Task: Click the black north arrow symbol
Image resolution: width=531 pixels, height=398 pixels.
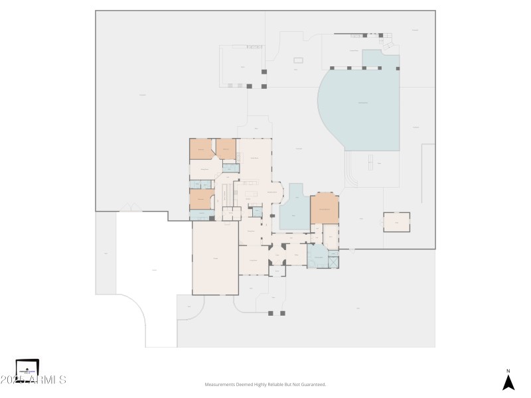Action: tap(508, 383)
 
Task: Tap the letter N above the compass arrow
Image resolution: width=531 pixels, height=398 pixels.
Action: tap(508, 371)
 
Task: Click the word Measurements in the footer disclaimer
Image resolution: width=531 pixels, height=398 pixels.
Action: tap(221, 384)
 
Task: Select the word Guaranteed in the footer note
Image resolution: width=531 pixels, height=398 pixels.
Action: tap(311, 384)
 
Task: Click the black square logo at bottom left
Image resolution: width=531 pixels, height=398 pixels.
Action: tap(27, 369)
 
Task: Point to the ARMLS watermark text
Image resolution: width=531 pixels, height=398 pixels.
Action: tap(40, 380)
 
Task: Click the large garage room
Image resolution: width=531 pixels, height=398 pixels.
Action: tap(215, 257)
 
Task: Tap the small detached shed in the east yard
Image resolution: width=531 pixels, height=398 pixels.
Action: tap(396, 222)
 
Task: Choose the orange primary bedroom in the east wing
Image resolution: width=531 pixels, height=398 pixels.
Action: tap(325, 209)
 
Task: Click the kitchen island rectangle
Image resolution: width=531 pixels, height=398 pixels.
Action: tap(250, 194)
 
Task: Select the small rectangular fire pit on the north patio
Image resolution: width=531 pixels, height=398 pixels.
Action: tap(298, 60)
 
